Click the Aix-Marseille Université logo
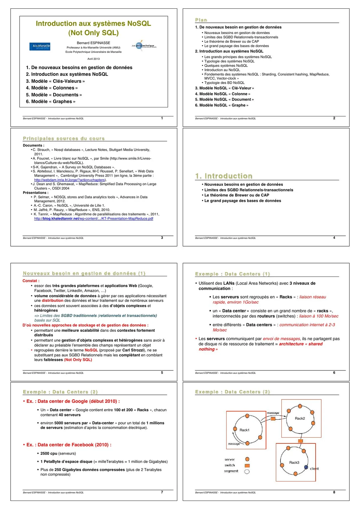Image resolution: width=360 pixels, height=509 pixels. (40, 46)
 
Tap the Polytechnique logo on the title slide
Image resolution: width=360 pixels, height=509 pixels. (144, 46)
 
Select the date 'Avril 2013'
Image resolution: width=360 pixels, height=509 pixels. (94, 59)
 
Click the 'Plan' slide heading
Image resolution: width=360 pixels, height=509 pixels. (201, 20)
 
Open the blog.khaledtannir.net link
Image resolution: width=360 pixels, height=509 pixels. (94, 219)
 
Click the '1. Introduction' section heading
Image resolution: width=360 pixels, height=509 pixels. (223, 176)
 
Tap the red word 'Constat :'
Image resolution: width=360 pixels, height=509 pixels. (31, 281)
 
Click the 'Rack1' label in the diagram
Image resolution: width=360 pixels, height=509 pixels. (244, 430)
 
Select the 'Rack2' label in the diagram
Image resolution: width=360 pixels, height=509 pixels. (300, 418)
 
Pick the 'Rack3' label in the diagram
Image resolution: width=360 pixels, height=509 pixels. (294, 463)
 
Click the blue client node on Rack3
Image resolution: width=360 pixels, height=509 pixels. (306, 467)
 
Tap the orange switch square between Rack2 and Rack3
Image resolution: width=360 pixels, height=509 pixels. (300, 441)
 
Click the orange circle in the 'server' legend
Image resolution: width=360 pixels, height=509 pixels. (247, 459)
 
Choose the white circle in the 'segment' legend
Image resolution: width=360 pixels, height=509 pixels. (247, 471)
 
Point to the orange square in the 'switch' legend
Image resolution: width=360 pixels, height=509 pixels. (247, 466)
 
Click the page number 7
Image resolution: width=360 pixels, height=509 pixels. (162, 492)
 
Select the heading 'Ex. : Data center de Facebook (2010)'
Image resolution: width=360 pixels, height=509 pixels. (69, 445)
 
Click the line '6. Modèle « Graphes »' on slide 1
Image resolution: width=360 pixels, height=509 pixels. (50, 101)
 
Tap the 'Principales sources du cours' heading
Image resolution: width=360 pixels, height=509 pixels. (64, 139)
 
